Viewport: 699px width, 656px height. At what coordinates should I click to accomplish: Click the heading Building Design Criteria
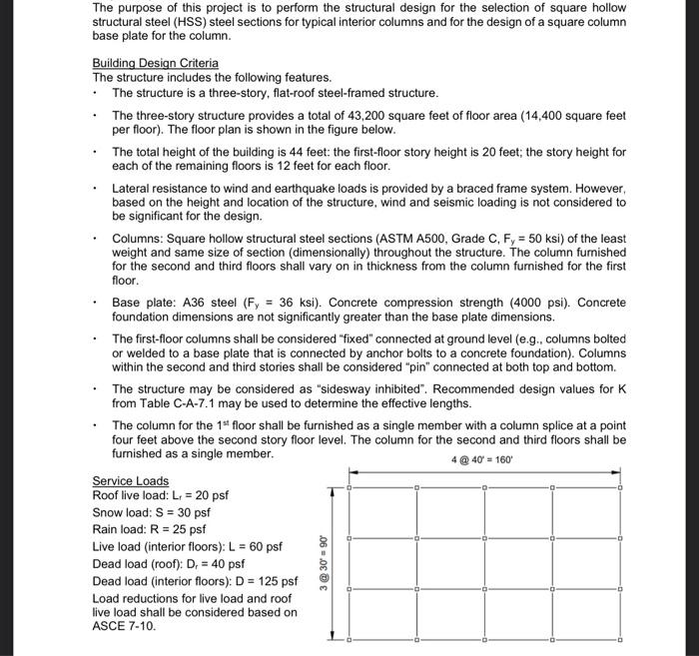coord(155,63)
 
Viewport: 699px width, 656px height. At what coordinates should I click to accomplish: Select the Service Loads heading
coord(130,480)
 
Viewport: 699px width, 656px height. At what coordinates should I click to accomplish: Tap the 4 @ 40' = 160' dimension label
coord(483,460)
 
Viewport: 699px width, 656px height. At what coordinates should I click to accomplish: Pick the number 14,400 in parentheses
coord(552,116)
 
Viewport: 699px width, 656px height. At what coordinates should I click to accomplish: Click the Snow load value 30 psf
coord(190,512)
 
